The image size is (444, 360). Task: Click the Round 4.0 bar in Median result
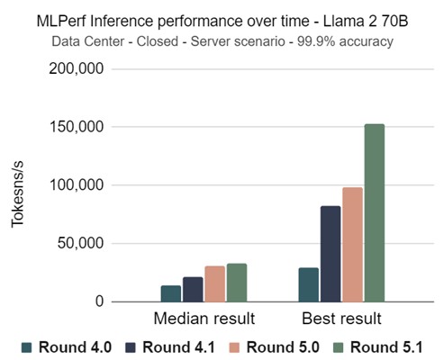(x=171, y=294)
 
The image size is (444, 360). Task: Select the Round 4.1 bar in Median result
(x=193, y=290)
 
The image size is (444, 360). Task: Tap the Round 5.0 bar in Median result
(x=215, y=284)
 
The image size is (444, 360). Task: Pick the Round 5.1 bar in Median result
(x=237, y=283)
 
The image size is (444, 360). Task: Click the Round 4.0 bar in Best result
(x=309, y=285)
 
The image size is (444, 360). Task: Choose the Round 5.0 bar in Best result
(x=352, y=245)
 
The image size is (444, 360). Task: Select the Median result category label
(x=204, y=319)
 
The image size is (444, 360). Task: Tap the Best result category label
(x=341, y=319)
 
